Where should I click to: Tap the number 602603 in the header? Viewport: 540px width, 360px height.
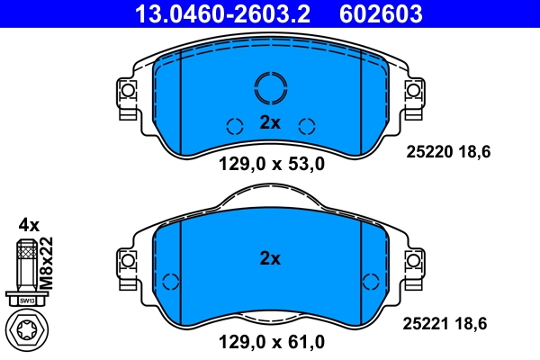tap(381, 13)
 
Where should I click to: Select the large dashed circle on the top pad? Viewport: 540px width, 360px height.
tap(270, 87)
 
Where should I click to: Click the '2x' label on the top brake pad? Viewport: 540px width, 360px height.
tap(270, 124)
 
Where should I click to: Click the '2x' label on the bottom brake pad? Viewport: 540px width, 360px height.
tap(270, 258)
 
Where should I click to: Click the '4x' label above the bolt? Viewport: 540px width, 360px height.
tap(29, 224)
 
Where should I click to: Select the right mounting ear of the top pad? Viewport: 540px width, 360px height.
tap(415, 92)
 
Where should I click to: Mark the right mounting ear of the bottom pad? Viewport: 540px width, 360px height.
tap(415, 262)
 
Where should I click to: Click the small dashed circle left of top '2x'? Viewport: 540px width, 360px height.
tap(233, 125)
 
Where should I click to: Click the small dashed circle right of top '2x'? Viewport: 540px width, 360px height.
tap(307, 125)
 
